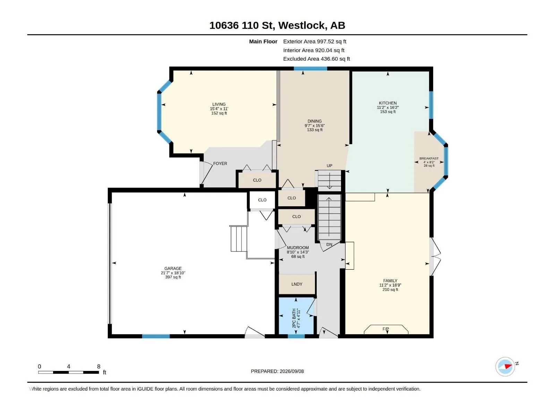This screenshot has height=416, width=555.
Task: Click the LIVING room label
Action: pos(219,104)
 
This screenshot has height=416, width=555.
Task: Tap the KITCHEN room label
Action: pos(387,103)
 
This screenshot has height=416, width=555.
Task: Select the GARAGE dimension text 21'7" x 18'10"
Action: pos(173,273)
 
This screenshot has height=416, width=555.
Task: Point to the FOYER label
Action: pos(220,163)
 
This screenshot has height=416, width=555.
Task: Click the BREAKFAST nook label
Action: pos(429,158)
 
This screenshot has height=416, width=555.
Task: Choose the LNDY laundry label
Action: pos(297,284)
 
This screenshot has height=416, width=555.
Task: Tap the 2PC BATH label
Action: pos(294,318)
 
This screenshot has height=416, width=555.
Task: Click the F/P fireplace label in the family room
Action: pos(386,329)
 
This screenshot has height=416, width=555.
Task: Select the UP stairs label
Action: pos(329,166)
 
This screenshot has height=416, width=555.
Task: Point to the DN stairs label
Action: pos(329,244)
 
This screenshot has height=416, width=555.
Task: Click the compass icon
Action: pos(505,366)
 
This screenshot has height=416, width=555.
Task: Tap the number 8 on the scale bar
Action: pos(99,366)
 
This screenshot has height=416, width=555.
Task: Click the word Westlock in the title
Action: pos(301,25)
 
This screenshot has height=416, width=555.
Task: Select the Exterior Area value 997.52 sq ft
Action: pos(331,41)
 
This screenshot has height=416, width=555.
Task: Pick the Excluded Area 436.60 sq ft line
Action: pos(316,59)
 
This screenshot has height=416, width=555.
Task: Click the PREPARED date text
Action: pos(277,371)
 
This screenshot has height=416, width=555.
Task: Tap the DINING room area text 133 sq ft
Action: pos(315,130)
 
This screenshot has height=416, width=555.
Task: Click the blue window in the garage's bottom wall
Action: pos(156,336)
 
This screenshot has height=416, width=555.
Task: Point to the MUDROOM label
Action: pos(298,248)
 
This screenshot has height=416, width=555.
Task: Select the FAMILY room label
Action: pos(390,280)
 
